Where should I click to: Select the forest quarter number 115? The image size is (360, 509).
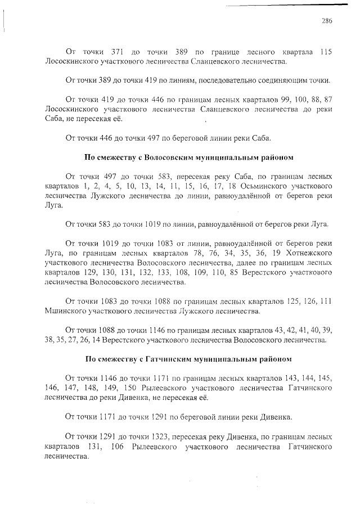(325, 52)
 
